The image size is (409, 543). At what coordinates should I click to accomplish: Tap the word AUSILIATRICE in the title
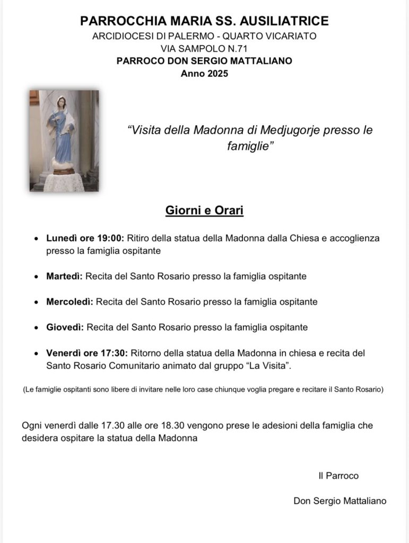(x=284, y=21)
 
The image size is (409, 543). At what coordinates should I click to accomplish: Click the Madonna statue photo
(x=64, y=141)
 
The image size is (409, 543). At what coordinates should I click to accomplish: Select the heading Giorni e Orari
(x=204, y=211)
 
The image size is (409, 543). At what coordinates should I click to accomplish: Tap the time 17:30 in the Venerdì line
(x=114, y=353)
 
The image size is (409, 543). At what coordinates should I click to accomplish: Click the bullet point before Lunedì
(x=36, y=239)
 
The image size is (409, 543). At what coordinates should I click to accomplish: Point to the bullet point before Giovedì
(x=36, y=328)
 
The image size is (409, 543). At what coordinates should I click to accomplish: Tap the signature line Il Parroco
(x=338, y=476)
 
